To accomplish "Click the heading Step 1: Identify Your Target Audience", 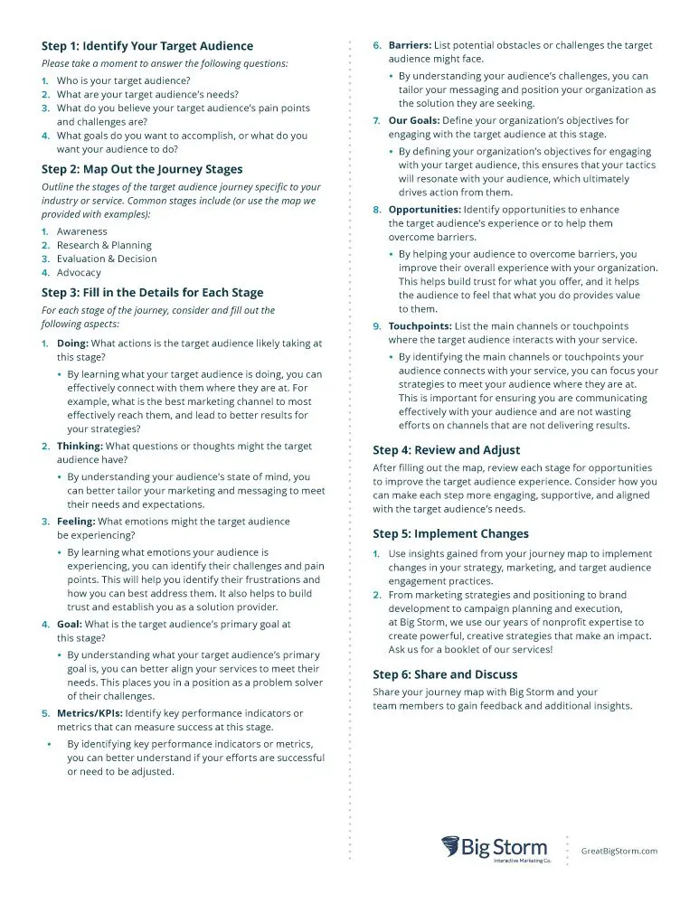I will click(147, 46).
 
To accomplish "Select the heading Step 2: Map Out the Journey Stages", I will click(142, 169).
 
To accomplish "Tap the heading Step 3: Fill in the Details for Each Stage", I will click(153, 292).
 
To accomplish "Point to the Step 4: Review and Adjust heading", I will click(447, 449).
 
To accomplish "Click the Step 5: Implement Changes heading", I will click(451, 533).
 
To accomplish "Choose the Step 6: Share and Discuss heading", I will click(445, 674).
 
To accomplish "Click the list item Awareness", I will click(81, 231).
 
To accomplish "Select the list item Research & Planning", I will click(104, 245).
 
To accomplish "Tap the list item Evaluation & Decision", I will click(107, 259).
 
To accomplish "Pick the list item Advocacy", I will click(79, 272).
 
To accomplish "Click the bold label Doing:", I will click(72, 344).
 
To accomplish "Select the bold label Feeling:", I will click(76, 522).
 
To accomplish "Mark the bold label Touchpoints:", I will click(420, 326).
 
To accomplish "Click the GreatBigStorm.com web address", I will click(619, 851).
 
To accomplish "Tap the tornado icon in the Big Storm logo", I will click(451, 847).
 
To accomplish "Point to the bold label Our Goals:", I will click(413, 120).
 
